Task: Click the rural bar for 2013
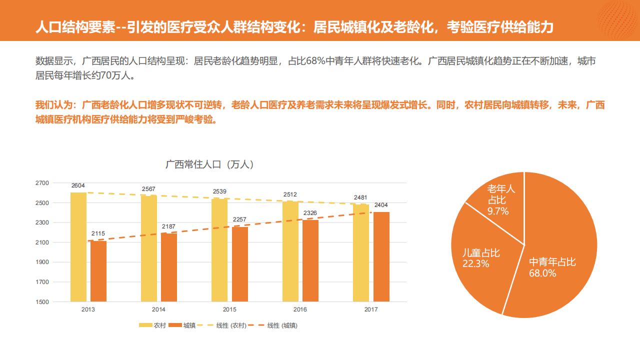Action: [x=78, y=247]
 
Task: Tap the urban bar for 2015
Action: [x=239, y=264]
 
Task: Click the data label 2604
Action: [x=78, y=185]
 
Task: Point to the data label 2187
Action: [x=168, y=226]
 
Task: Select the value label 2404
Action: [x=381, y=205]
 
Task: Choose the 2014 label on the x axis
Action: [x=158, y=309]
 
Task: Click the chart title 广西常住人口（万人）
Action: [x=209, y=164]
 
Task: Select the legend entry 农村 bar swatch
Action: [x=145, y=325]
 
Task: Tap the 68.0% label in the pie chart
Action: [x=542, y=273]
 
